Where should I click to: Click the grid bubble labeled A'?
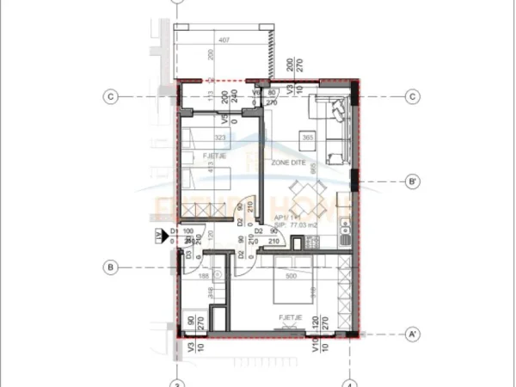pos(413,333)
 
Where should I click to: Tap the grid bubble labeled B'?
pos(413,181)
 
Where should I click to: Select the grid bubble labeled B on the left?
pos(110,267)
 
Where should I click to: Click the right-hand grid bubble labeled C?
pos(413,96)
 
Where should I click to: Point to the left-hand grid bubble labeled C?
pos(110,96)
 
